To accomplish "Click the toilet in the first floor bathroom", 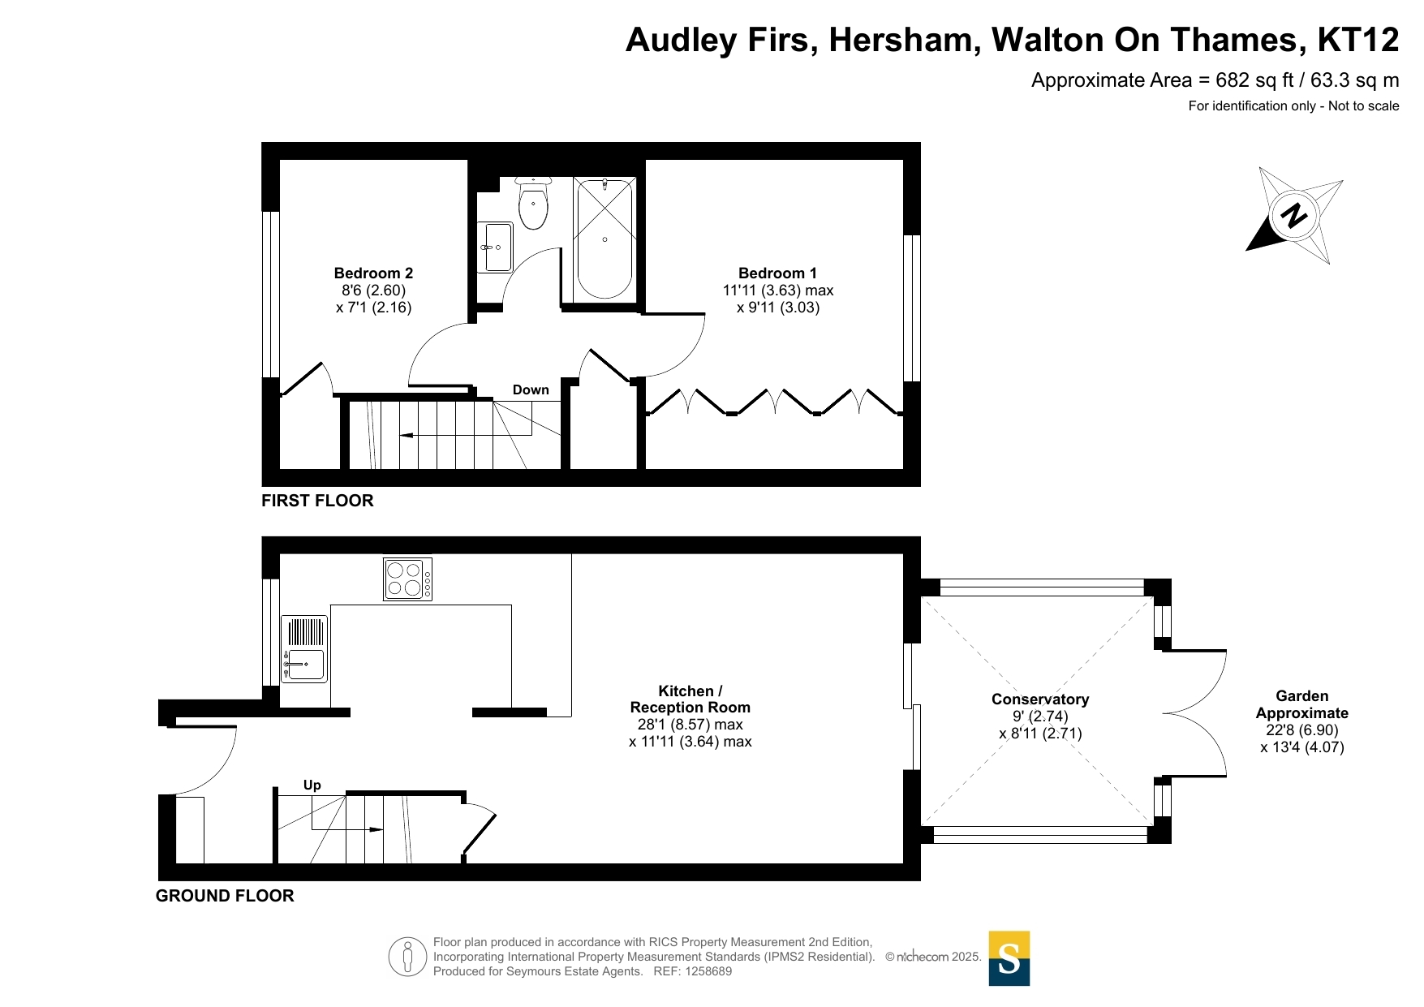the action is [533, 204].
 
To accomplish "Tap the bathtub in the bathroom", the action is [604, 239].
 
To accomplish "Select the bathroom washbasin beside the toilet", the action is [495, 247].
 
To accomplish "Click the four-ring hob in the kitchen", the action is [407, 579].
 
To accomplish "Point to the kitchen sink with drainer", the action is [304, 649].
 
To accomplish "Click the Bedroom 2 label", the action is [373, 273].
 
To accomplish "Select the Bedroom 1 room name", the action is [777, 273].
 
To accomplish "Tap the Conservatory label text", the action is [1040, 699].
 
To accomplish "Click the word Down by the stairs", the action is [531, 390].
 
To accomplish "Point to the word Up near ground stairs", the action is [312, 785].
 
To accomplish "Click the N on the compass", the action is [1294, 215].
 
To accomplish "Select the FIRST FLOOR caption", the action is [317, 501].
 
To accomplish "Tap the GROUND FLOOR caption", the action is [225, 896].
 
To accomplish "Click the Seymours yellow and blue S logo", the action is [1009, 958].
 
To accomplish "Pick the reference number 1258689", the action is [708, 971].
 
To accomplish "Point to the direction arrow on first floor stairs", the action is [466, 436].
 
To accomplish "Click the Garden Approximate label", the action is [1302, 705].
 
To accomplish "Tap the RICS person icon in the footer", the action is [407, 957].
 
